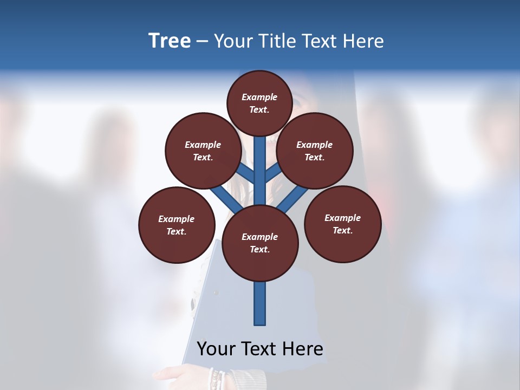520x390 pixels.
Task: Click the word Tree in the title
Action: [170, 41]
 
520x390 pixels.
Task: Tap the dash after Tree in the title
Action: [202, 42]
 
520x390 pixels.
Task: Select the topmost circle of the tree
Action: [259, 103]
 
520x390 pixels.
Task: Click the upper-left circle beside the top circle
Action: [203, 151]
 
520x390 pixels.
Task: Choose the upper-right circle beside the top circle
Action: [315, 151]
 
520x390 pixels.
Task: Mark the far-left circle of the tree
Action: [177, 225]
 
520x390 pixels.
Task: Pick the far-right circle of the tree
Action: [342, 224]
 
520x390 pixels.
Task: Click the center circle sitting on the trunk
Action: [260, 243]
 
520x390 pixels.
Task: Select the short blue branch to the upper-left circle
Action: [246, 174]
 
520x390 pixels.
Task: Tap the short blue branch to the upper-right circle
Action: [272, 174]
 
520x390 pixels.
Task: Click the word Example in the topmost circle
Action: [259, 97]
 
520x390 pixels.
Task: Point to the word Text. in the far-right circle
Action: [342, 230]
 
